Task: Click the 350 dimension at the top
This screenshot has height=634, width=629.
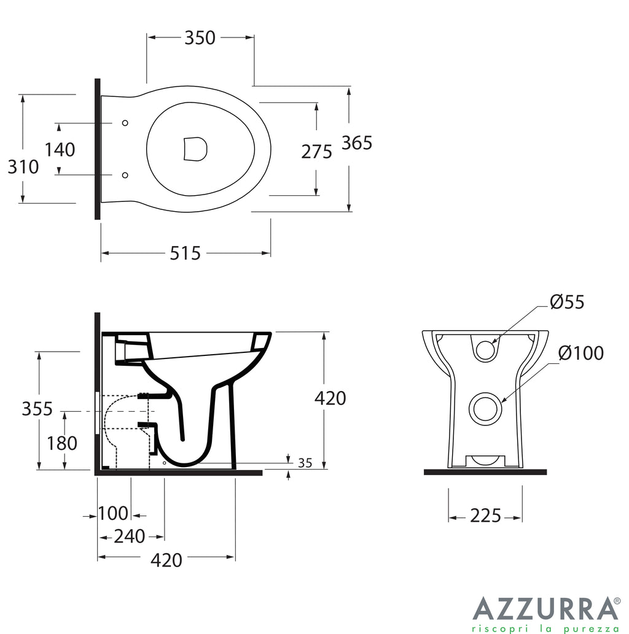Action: coord(200,37)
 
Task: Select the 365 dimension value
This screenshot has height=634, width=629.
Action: coord(357,142)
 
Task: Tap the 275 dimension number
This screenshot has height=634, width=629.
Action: coord(316,151)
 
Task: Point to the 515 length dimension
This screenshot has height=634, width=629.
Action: coord(186,252)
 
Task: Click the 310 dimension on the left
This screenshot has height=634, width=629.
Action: coord(23,166)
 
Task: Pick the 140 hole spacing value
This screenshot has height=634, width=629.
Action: coord(60,149)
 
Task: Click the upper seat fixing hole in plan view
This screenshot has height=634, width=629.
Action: coord(125,123)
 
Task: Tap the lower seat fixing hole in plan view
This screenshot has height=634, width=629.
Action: coord(125,176)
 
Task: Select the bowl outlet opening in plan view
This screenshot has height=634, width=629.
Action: coord(195,149)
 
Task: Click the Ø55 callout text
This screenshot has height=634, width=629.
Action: coord(567,301)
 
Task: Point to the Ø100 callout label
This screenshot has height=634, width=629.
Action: coord(581,353)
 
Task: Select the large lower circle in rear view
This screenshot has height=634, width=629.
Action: coord(486,408)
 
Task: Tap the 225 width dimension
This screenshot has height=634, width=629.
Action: coord(485,516)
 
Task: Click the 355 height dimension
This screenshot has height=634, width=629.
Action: coord(37,408)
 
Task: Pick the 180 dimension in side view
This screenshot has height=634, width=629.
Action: coord(61,443)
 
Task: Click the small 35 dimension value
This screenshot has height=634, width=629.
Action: coord(305,463)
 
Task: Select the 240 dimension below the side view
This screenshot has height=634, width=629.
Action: coord(130,536)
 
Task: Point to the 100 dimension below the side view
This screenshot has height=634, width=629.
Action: coord(113,513)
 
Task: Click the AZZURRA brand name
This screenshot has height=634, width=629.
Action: coord(545,609)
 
